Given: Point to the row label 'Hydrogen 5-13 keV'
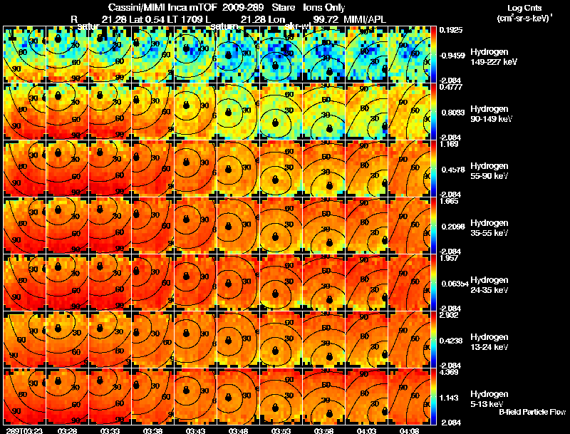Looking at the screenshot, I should (x=485, y=398).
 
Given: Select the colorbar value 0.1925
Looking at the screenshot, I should (x=449, y=31).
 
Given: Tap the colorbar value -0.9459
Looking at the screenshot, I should (x=450, y=54).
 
